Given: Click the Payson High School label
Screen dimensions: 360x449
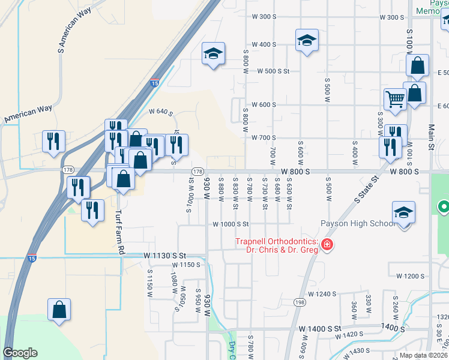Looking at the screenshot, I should [x=358, y=223].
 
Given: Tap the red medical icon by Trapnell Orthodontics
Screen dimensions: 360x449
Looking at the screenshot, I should [x=327, y=245].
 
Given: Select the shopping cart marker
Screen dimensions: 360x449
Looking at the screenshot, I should [x=395, y=100].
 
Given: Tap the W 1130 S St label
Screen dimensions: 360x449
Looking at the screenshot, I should [x=166, y=255].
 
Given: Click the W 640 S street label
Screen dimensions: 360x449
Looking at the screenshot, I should [x=160, y=112].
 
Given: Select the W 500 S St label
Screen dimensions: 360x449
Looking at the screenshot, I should [x=274, y=71].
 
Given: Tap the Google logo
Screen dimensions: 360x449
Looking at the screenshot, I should [x=20, y=353].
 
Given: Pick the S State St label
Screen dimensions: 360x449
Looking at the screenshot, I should [x=367, y=189].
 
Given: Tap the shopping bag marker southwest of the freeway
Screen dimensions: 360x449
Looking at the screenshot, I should [x=59, y=311].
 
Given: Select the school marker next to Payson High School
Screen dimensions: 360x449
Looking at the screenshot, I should [x=404, y=213].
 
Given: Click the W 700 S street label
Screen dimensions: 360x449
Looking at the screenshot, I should [x=264, y=137].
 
